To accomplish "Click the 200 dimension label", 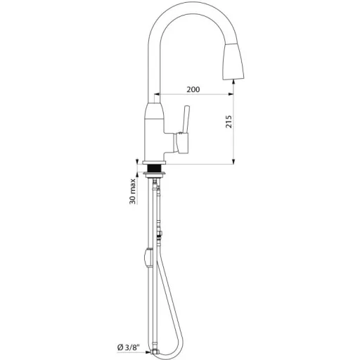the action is point(193,89).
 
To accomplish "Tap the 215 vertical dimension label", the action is point(229,122).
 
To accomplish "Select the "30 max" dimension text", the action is point(133,191).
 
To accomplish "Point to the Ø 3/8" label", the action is point(128,347).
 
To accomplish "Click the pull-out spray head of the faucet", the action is point(233,61).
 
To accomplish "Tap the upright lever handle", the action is point(186,120).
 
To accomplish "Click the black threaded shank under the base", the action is point(154,168).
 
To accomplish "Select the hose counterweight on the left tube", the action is point(148,257).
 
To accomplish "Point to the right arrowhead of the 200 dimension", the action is point(231,94).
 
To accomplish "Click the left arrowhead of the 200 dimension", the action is point(157,94).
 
